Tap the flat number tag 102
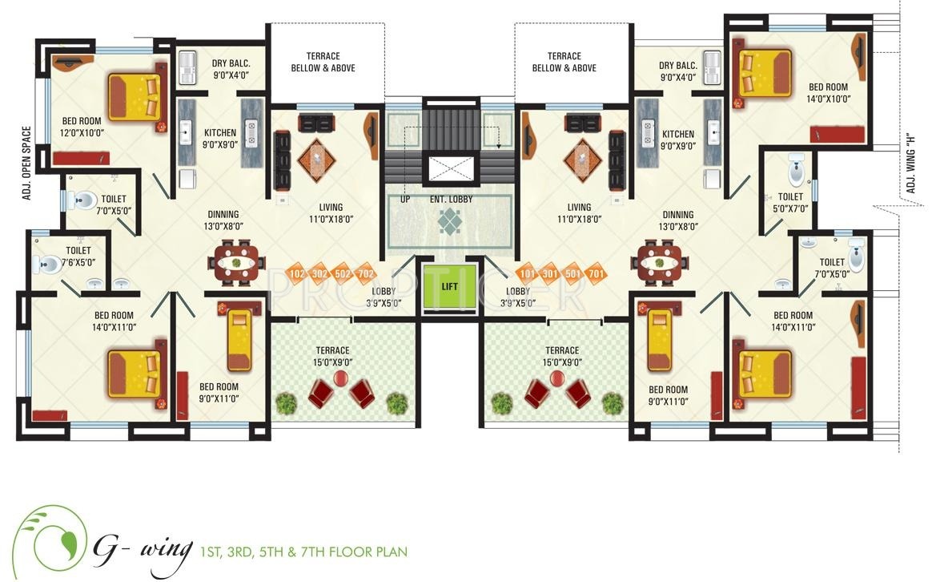click(298, 274)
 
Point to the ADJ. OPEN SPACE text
click(26, 163)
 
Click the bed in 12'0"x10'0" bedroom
click(135, 97)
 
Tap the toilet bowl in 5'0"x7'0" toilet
click(797, 169)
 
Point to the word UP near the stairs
click(405, 199)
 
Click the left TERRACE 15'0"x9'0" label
click(332, 356)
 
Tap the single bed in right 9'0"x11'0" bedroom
click(658, 340)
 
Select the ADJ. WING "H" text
click(910, 162)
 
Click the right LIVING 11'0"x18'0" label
click(579, 213)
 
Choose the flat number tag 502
click(343, 274)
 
